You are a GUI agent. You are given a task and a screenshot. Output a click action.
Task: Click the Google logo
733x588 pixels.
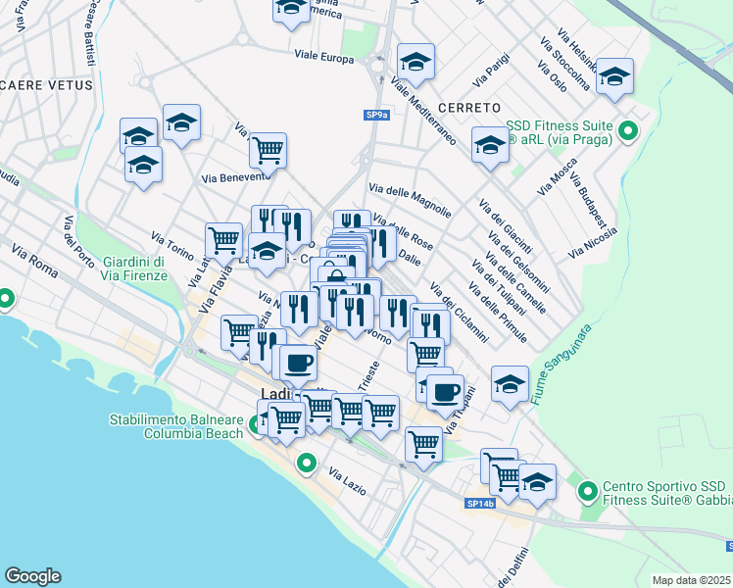tap(32, 576)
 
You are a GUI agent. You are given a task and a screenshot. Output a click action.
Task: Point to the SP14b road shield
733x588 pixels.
tap(480, 504)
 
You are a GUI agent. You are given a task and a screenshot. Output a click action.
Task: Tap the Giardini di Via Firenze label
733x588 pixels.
tap(133, 269)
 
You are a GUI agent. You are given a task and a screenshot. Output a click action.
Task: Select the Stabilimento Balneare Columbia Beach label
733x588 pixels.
tap(175, 426)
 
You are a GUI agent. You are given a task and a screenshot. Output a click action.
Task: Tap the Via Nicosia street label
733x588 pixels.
tap(599, 242)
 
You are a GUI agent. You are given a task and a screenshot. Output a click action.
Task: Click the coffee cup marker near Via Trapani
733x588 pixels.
tap(445, 392)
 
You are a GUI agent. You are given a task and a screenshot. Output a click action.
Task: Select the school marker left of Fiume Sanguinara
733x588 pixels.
tap(510, 384)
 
